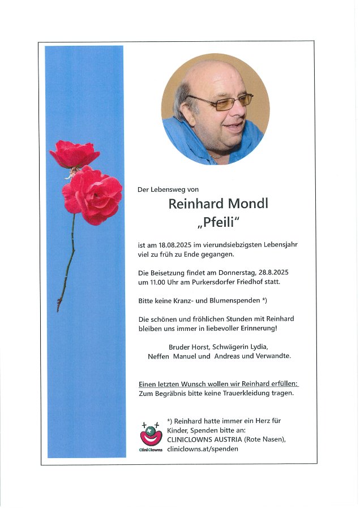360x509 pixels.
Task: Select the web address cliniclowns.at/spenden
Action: pyautogui.click(x=203, y=448)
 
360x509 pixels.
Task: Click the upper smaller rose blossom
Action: pyautogui.click(x=74, y=154)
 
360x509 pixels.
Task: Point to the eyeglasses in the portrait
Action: pyautogui.click(x=224, y=102)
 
